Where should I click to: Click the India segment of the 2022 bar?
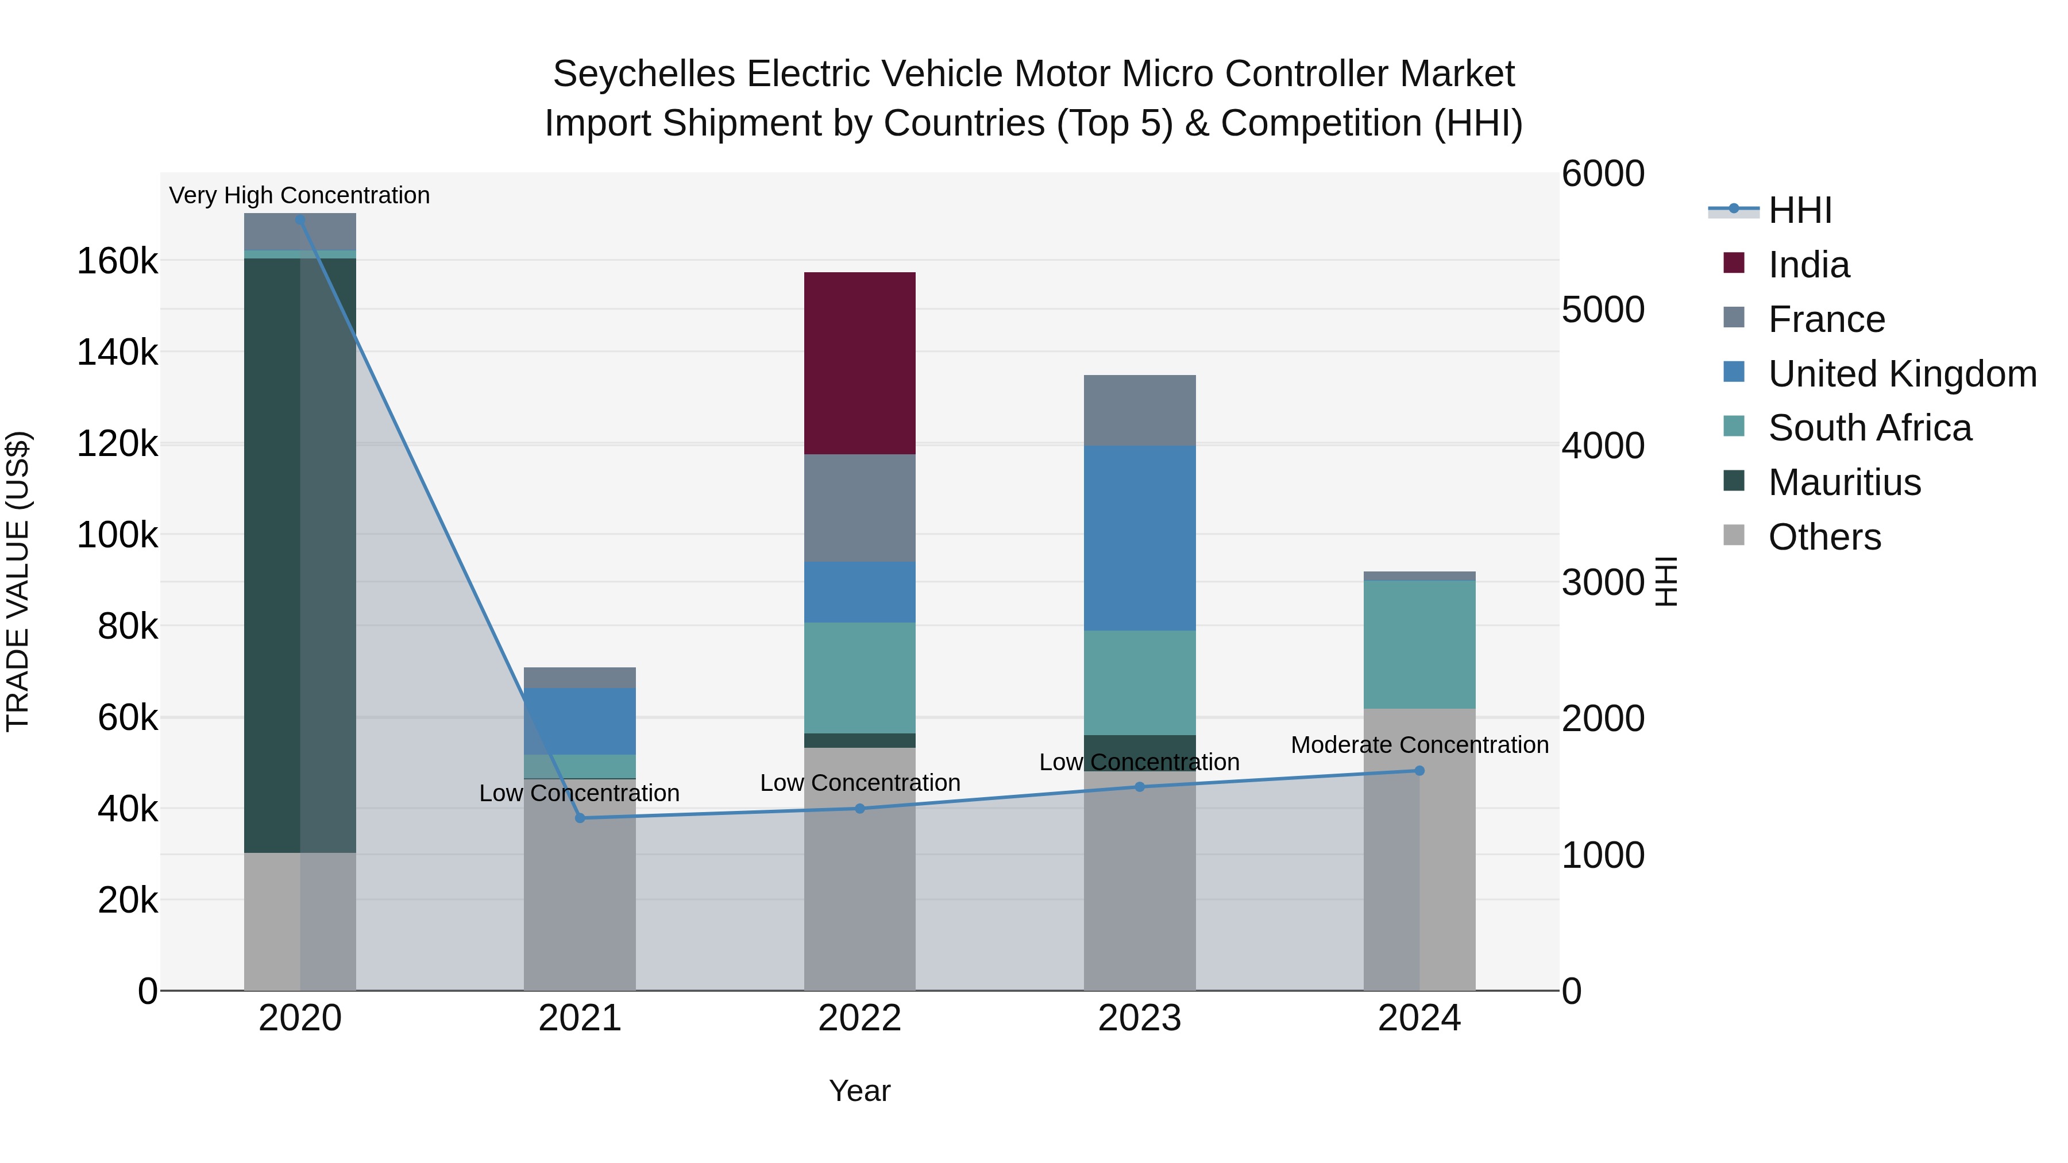pos(860,363)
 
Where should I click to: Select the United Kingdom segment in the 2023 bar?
pos(1139,538)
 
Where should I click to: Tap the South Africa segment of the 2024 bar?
pos(1419,644)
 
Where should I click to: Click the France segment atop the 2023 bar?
pos(1139,410)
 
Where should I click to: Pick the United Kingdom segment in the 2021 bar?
pos(580,721)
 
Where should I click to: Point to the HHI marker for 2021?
pos(580,818)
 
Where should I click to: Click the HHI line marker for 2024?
pos(1419,771)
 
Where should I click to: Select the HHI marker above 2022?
pos(860,808)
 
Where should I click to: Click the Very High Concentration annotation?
pos(299,195)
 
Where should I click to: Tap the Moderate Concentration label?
pos(1419,745)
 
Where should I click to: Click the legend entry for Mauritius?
pos(1844,482)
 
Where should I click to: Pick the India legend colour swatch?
pos(1734,263)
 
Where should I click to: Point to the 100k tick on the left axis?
pos(117,535)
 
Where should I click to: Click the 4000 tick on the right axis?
pos(1602,446)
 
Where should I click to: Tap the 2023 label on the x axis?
pos(1139,1018)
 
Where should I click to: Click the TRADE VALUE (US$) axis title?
pos(18,581)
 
